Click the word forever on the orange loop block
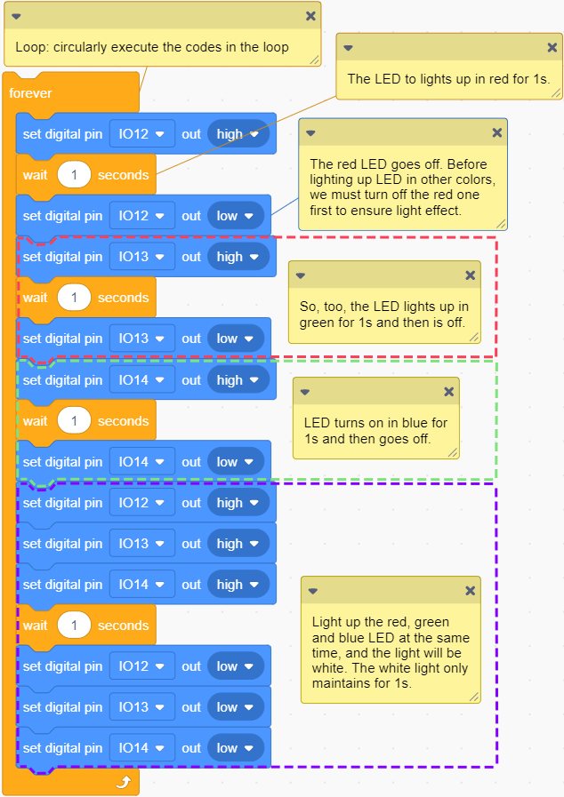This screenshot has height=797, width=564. pos(30,93)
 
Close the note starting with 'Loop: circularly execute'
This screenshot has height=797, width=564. pos(310,16)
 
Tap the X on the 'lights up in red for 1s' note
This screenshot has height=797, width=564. pos(552,47)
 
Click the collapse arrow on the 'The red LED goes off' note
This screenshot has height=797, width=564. pos(310,133)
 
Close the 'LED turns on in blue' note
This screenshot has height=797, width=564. pos(448,391)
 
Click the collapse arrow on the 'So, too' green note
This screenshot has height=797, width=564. pos(301,275)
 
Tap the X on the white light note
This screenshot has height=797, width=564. pos(470,590)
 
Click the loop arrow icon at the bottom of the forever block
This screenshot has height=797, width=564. pos(124,782)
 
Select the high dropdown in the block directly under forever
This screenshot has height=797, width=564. pos(238,134)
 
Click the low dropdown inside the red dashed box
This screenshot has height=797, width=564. pos(236,339)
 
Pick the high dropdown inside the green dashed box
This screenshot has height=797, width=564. pos(238,380)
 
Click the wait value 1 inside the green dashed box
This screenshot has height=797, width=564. pos(74,421)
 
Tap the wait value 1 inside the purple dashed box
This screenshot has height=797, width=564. pos(74,626)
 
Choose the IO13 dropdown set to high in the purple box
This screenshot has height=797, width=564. pos(142,544)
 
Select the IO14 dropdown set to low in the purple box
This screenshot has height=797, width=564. pos(142,748)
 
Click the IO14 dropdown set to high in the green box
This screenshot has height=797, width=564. pos(142,380)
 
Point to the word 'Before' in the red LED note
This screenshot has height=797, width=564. pos(468,164)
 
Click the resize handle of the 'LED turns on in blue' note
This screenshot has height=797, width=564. pos(453,452)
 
